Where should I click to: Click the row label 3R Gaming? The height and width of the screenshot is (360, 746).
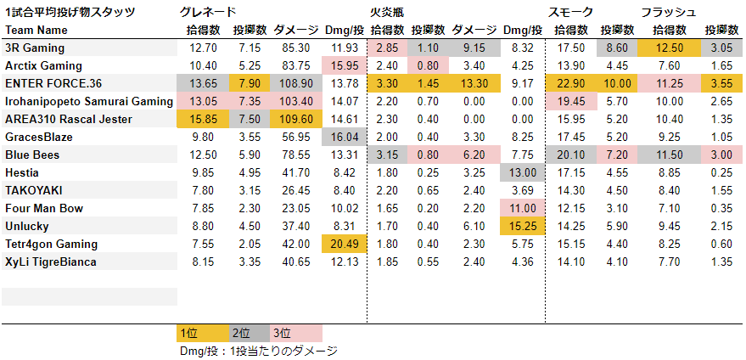coord(35,48)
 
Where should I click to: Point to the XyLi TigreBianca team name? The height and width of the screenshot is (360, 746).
coord(51,262)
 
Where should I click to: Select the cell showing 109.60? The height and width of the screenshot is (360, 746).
coord(295,119)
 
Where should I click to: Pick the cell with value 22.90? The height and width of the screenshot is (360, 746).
coord(567,83)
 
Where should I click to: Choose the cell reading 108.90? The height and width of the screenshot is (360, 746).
coord(295,83)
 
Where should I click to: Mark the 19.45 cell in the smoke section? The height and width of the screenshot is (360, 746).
coord(567,101)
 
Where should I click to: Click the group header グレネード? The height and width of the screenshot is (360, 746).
coord(209,12)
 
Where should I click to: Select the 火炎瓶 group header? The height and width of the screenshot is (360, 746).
coord(387,12)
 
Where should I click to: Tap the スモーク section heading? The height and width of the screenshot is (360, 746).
coord(571,12)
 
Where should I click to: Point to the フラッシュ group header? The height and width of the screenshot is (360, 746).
coord(669,12)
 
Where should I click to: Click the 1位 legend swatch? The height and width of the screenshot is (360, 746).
coord(202,333)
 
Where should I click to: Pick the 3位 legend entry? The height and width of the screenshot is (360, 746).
coord(296,333)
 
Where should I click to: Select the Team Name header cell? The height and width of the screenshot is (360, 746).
coord(36,30)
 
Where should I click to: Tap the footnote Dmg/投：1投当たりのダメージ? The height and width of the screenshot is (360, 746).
coord(258,350)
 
